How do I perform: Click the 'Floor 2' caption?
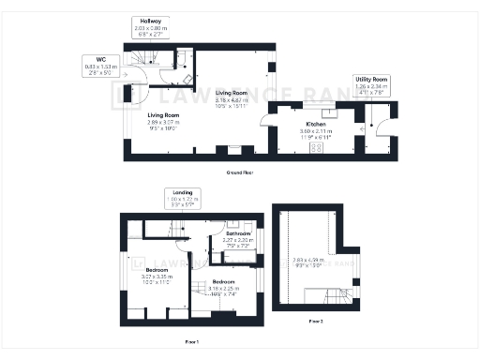point(315,321)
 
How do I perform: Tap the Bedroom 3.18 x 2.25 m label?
point(223,287)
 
